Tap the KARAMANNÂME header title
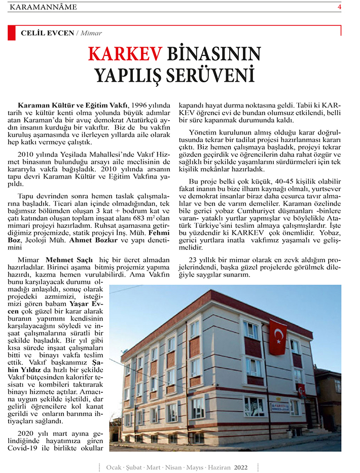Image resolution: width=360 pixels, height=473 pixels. pos(43,7)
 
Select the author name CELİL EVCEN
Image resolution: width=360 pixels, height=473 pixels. pos(47,33)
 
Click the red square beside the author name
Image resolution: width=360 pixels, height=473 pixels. pos(12,32)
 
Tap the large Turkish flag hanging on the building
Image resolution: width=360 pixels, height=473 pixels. pos(277,337)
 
